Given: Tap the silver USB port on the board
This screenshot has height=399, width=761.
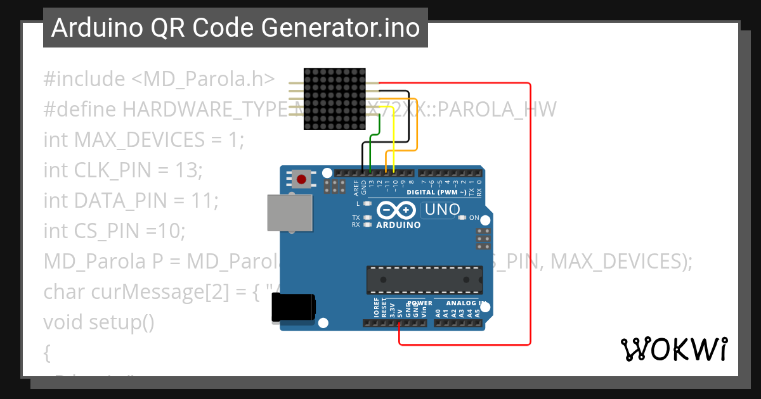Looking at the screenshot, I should click(x=289, y=212).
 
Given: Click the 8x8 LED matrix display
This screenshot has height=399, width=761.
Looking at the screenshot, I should click(x=334, y=100).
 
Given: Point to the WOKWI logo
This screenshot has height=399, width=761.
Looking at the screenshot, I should click(x=673, y=349).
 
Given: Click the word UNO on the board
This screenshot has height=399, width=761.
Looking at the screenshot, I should click(x=442, y=210).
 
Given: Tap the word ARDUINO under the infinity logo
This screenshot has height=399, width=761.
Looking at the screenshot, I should click(x=398, y=225).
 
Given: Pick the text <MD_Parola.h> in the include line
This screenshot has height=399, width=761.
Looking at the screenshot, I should click(x=203, y=79).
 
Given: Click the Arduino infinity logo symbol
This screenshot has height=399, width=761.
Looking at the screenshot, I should click(x=396, y=210).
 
